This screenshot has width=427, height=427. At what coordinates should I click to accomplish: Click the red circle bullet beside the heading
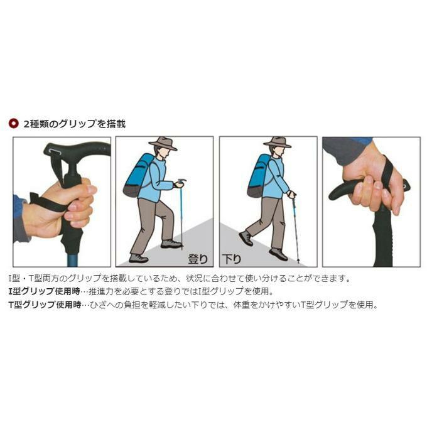tap(13, 124)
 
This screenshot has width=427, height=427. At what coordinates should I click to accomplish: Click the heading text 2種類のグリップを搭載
tap(75, 124)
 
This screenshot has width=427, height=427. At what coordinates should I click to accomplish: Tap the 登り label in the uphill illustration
tap(198, 259)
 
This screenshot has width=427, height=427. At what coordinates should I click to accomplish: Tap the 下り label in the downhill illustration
tap(232, 259)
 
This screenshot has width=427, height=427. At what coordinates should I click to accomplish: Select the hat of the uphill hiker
tap(163, 143)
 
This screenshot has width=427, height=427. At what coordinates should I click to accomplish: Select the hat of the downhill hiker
tap(277, 143)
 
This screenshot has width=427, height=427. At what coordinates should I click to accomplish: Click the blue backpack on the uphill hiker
tap(138, 176)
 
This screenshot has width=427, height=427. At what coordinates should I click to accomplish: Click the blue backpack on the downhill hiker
tap(258, 176)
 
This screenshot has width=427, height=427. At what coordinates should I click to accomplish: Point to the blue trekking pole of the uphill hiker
tap(181, 215)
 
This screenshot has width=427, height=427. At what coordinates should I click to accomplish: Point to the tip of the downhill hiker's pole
tap(298, 262)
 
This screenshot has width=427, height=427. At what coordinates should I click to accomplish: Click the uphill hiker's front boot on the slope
tap(171, 244)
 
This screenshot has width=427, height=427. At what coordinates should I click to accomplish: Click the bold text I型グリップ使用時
tap(44, 291)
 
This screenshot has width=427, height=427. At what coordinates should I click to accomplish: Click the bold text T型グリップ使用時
tap(45, 305)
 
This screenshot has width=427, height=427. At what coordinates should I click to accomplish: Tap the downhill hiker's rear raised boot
tap(246, 238)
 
